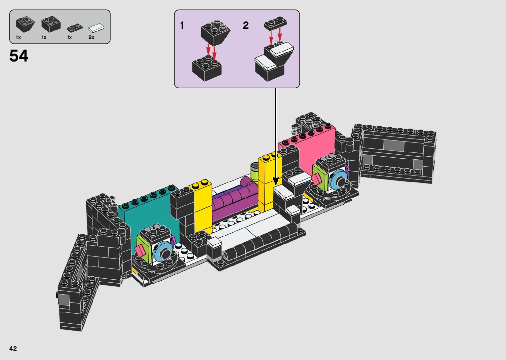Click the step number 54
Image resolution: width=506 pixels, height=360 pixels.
tap(19, 56)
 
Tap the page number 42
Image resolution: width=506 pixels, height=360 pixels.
tap(13, 348)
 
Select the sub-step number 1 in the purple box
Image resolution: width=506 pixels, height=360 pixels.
tap(182, 25)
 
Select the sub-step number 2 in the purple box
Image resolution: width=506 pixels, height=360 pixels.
tap(246, 25)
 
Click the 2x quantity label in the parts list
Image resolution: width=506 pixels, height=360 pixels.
tap(91, 37)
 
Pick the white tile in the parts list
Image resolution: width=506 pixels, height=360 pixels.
tap(96, 28)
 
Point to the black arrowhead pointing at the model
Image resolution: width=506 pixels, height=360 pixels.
tap(276, 181)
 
